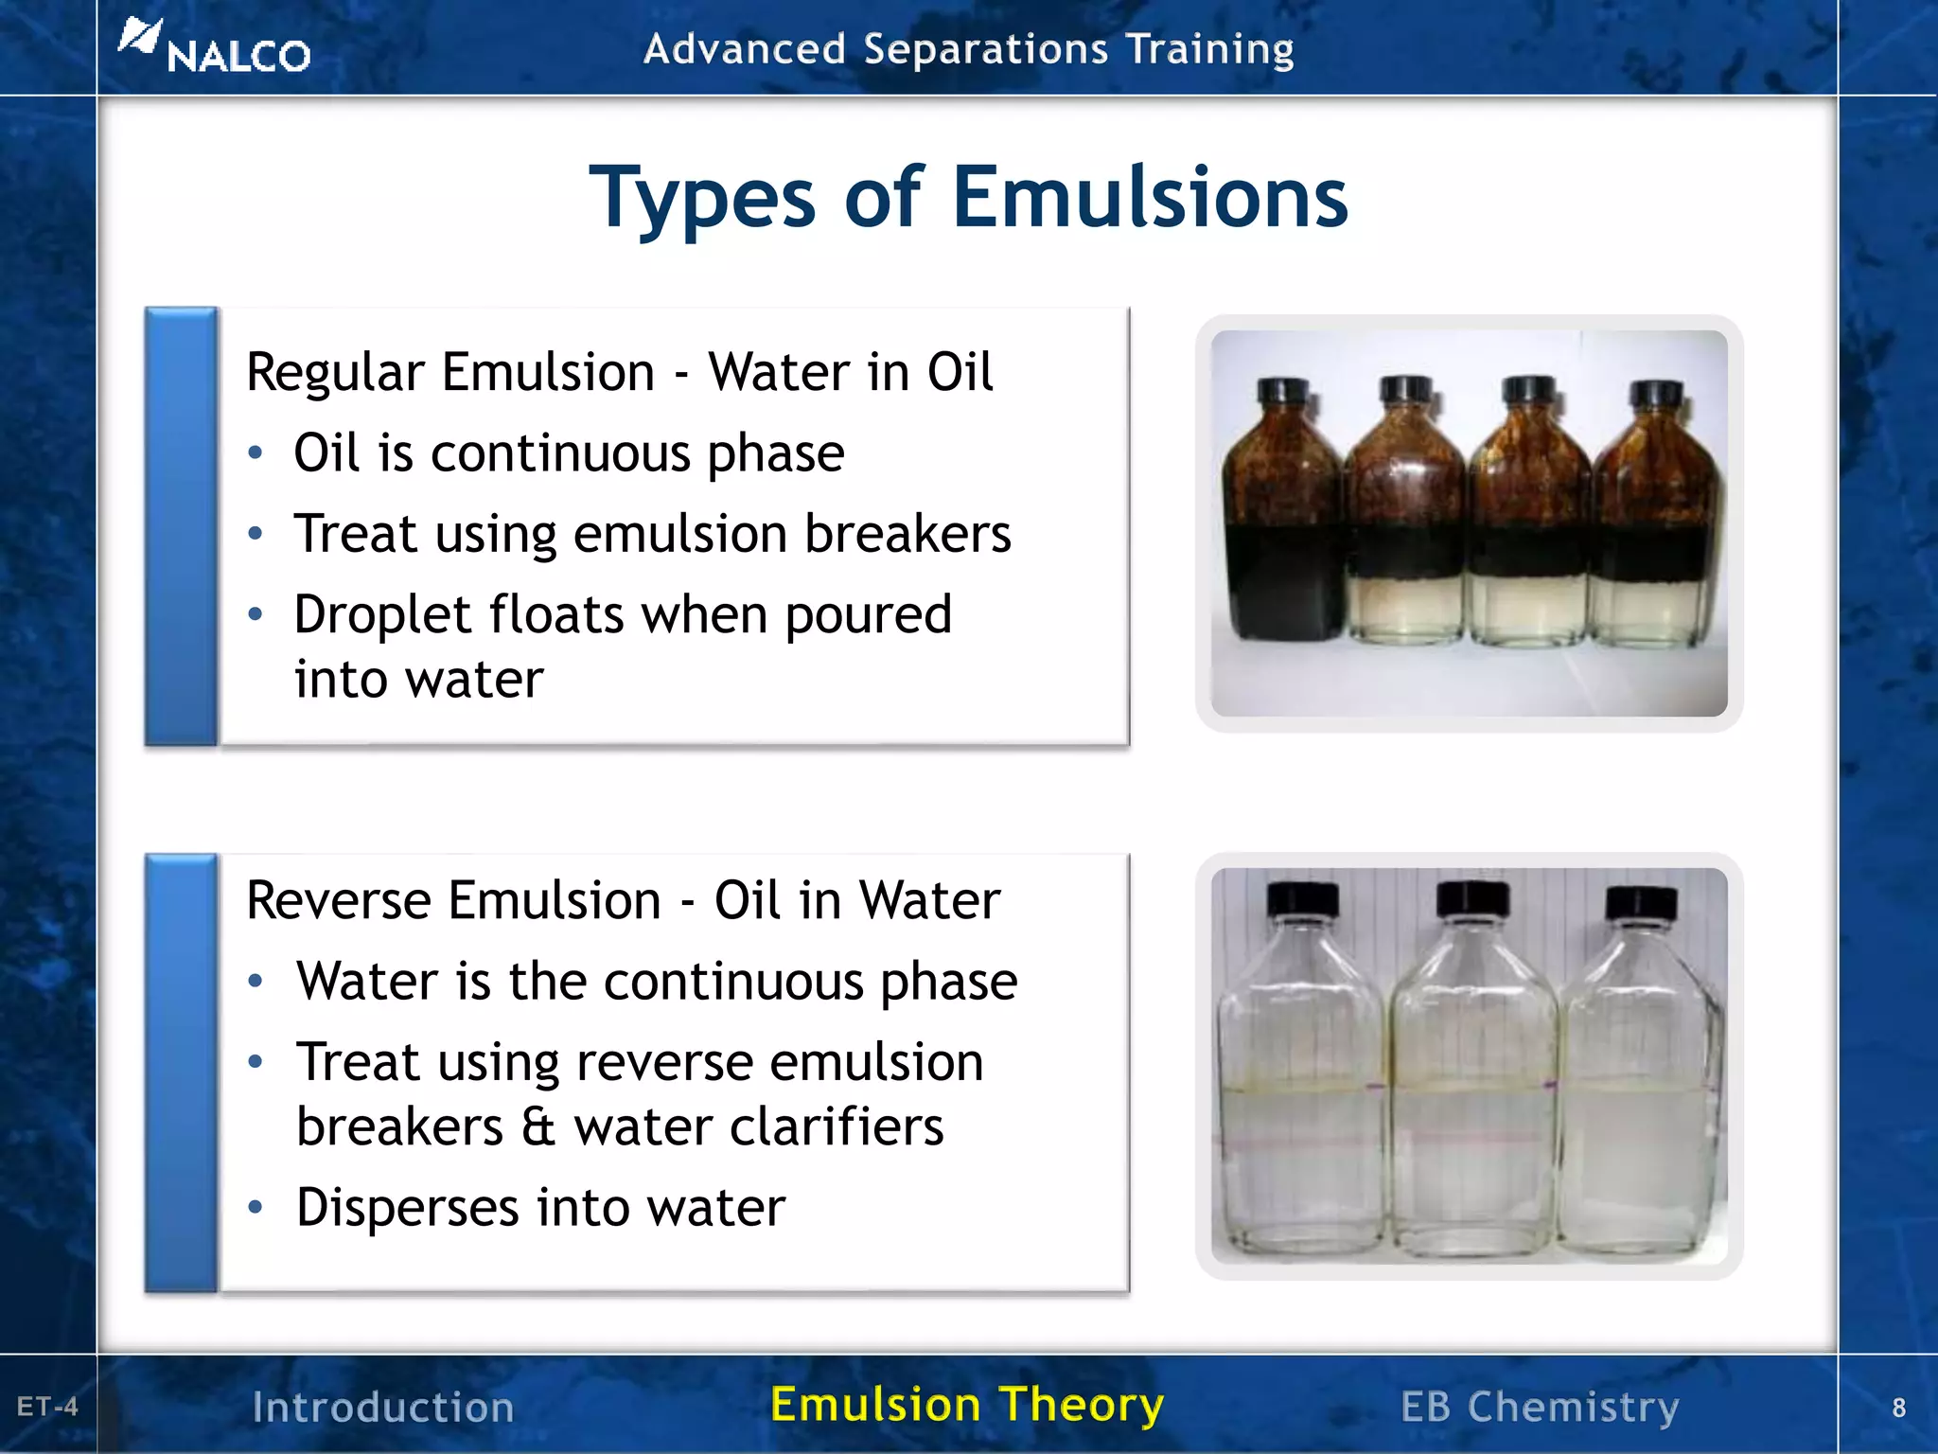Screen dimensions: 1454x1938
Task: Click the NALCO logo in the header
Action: [x=216, y=49]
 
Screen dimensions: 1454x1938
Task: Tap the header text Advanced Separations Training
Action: [x=968, y=49]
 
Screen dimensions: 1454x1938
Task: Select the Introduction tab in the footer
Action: [x=383, y=1407]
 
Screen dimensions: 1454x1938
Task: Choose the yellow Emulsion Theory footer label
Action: [x=967, y=1404]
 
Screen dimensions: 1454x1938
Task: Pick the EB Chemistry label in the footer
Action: [x=1540, y=1407]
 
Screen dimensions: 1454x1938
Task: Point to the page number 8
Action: [x=1898, y=1408]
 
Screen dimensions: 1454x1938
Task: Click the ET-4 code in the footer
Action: [x=47, y=1407]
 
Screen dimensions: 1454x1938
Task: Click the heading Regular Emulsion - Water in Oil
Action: [x=619, y=371]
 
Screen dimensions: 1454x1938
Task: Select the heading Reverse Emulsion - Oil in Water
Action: [x=623, y=899]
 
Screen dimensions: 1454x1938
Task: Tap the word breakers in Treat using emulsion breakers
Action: [x=907, y=534]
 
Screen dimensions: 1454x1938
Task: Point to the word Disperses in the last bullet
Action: [x=408, y=1208]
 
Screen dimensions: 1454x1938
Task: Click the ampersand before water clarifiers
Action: [x=537, y=1127]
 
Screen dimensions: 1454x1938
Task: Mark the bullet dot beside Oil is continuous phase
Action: [x=255, y=453]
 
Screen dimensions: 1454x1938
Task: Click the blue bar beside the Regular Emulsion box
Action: [x=181, y=526]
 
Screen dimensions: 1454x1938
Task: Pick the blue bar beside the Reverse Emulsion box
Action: [x=181, y=1073]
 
